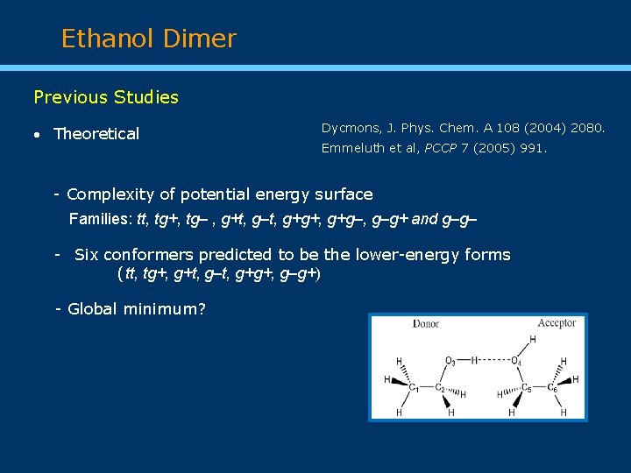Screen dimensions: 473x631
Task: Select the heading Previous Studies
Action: coord(106,97)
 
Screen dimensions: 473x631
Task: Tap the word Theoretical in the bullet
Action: coord(96,134)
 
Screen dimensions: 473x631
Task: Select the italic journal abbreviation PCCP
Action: coord(443,149)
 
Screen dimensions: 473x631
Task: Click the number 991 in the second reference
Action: coord(531,149)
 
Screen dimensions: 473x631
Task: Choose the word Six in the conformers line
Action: coord(86,255)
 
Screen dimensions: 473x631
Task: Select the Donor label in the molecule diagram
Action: coord(426,324)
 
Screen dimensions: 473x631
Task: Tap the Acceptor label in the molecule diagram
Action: coord(557,323)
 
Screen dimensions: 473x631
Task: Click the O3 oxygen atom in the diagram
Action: coord(450,360)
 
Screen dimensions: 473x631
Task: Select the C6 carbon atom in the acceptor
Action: coord(551,386)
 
